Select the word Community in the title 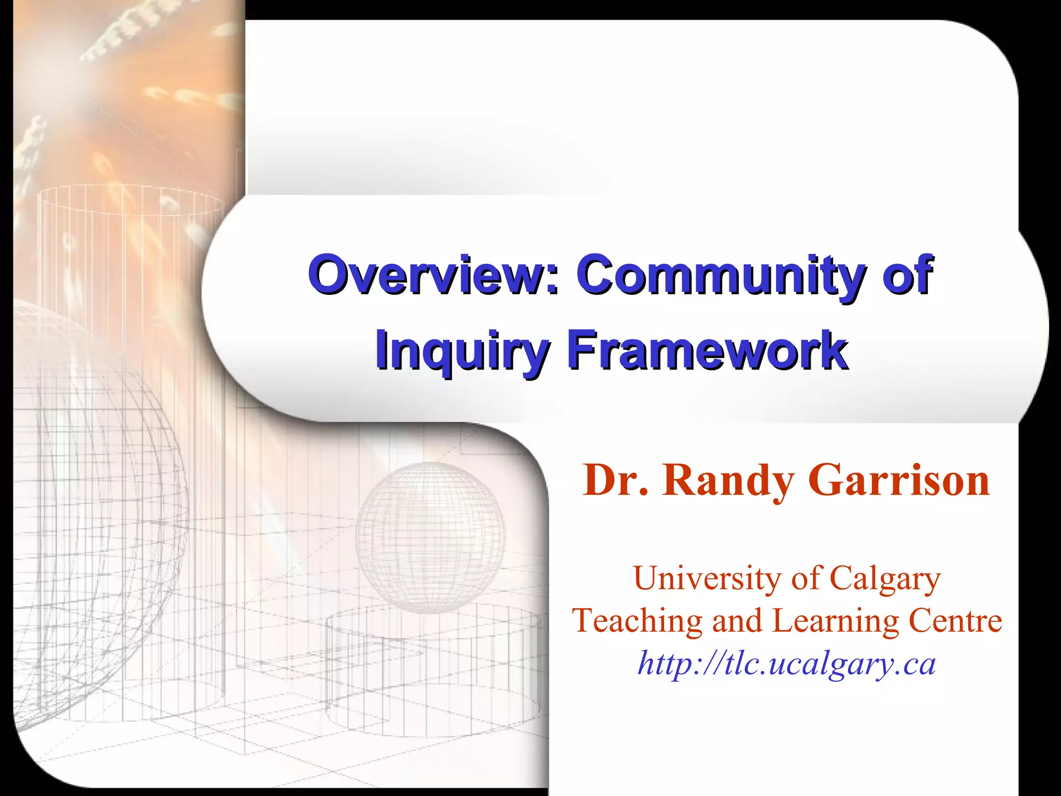[x=721, y=275]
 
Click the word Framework [x=708, y=350]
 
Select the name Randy [x=728, y=481]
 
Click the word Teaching [x=637, y=620]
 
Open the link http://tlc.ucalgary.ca [x=786, y=663]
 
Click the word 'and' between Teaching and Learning [x=737, y=620]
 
